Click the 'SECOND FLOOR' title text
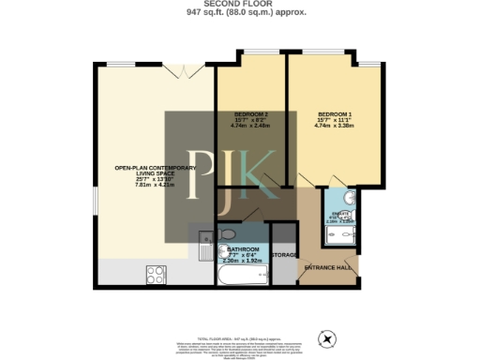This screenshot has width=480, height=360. pos(240,5)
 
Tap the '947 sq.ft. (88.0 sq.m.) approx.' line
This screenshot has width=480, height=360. pos(240,14)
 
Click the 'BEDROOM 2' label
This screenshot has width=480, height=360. pos(250,114)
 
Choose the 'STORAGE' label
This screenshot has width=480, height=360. pos(284,255)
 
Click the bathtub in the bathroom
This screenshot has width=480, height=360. pos(243,274)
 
